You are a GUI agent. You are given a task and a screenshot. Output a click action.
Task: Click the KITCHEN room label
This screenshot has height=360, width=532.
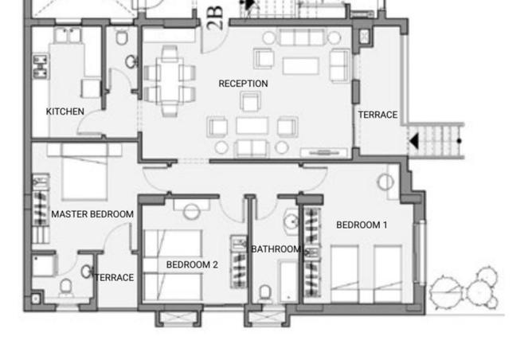tap(65, 112)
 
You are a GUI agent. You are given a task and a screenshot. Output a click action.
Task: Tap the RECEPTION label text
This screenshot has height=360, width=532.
tap(243, 84)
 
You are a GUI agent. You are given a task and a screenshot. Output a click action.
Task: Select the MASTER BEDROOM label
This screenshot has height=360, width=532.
tap(92, 214)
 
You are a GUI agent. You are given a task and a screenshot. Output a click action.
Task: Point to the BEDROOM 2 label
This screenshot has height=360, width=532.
tap(192, 264)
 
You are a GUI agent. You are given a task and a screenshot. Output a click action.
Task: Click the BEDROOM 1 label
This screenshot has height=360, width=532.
tap(362, 225)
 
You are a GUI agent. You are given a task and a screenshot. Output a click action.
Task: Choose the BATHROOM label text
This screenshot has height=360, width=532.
tap(276, 249)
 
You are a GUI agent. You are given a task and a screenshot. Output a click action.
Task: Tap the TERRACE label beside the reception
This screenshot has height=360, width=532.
tap(377, 115)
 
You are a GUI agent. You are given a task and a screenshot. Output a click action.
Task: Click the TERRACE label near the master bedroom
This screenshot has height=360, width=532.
tap(115, 277)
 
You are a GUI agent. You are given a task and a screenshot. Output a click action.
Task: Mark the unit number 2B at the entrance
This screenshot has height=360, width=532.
tap(216, 18)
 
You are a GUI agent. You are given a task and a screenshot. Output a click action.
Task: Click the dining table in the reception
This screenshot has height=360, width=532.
tap(170, 80)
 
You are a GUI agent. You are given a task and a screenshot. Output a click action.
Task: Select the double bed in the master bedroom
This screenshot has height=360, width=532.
tap(84, 171)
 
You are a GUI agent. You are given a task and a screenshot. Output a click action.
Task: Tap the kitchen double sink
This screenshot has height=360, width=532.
tap(68, 35)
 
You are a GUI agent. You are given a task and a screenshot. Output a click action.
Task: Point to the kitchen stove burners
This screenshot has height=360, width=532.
tap(40, 66)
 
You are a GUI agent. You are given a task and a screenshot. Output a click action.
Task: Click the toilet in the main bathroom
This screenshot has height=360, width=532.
tap(265, 293)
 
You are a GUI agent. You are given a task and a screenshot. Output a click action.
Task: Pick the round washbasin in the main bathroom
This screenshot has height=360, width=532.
tap(291, 221)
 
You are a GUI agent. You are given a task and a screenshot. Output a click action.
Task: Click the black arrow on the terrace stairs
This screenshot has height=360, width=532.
tap(414, 140)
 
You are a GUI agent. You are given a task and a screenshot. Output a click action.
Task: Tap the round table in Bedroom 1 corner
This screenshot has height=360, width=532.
tap(385, 182)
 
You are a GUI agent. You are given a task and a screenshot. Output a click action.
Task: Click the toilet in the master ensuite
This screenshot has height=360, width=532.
tap(66, 287)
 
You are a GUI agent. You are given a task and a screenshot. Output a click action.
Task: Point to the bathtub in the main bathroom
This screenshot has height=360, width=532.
tap(288, 281)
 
